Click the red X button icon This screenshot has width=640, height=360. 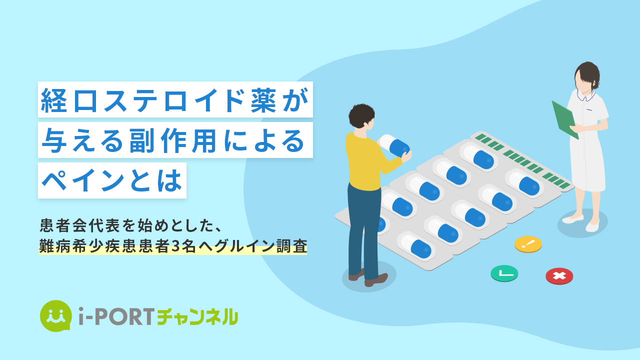(559, 276)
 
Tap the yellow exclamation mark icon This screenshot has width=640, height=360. (528, 244)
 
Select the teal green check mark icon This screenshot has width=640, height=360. (504, 273)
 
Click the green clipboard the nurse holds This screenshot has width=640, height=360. (564, 119)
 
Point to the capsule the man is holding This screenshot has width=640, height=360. (395, 145)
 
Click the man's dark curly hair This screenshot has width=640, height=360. (361, 115)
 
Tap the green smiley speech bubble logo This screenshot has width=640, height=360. (55, 315)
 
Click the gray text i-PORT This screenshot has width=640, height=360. (116, 316)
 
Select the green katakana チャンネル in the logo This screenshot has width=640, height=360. (197, 316)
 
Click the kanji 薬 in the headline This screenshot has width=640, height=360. (263, 100)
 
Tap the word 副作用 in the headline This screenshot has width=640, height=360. (172, 140)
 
